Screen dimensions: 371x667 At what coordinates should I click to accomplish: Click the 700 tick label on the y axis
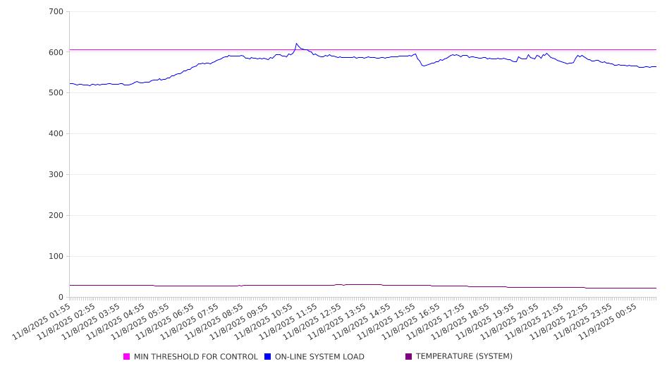point(56,12)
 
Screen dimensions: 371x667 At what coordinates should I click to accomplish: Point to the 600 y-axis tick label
point(56,52)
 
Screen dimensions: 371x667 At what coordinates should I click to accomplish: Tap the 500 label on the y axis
point(56,93)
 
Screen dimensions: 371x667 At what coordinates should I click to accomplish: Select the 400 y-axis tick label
point(56,134)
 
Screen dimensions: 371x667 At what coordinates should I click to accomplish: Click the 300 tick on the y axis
point(56,175)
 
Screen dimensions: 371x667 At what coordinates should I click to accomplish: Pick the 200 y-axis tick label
point(56,216)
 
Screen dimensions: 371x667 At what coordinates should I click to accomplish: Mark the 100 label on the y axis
point(56,257)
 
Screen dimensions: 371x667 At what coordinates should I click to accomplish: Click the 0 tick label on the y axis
point(61,298)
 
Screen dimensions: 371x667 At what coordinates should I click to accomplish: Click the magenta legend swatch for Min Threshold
point(127,357)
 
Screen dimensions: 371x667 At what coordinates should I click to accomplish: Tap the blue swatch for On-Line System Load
point(268,357)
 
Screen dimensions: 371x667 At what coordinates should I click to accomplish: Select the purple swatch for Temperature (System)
point(409,357)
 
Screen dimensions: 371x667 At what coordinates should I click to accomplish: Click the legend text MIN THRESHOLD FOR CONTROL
point(196,357)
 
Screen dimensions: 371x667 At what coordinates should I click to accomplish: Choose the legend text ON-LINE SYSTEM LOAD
point(319,357)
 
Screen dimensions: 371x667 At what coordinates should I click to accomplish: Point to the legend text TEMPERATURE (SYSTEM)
point(464,357)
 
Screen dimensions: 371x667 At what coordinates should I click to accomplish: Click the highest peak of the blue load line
point(296,44)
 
